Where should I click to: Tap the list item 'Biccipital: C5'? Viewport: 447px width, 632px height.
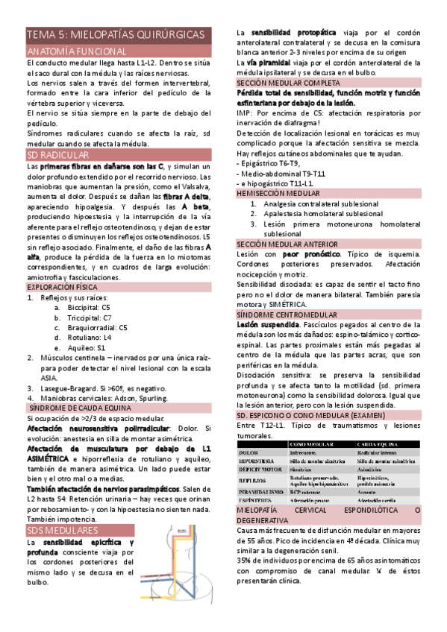tap(89, 307)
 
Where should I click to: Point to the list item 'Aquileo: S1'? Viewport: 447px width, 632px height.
tap(86, 347)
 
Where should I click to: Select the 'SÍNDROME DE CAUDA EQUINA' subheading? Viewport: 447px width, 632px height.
tap(79, 408)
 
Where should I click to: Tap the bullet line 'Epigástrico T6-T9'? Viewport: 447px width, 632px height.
tap(269, 163)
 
